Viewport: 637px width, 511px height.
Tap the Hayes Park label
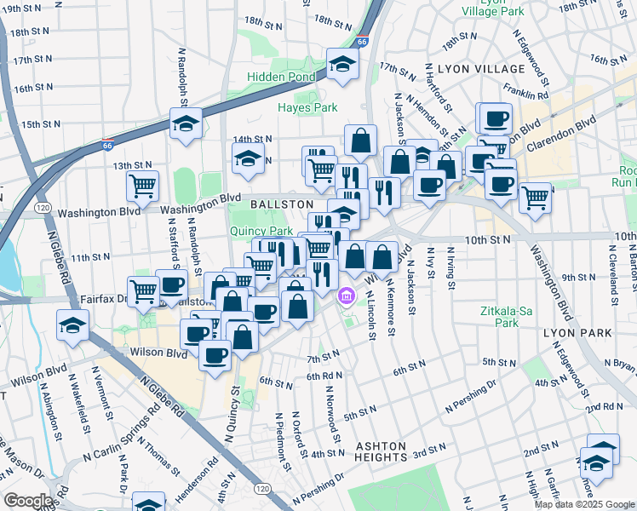tap(307, 107)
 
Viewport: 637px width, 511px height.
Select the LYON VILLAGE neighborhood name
tap(481, 68)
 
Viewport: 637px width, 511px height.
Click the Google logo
tap(29, 501)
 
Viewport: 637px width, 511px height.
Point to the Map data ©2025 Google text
tap(583, 504)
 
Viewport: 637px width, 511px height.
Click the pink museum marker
tap(346, 296)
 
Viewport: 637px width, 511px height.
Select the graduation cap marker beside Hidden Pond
tap(342, 64)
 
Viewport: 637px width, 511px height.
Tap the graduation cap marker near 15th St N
tap(186, 123)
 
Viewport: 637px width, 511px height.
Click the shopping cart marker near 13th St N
tap(142, 185)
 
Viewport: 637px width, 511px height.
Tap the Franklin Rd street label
tap(525, 90)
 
